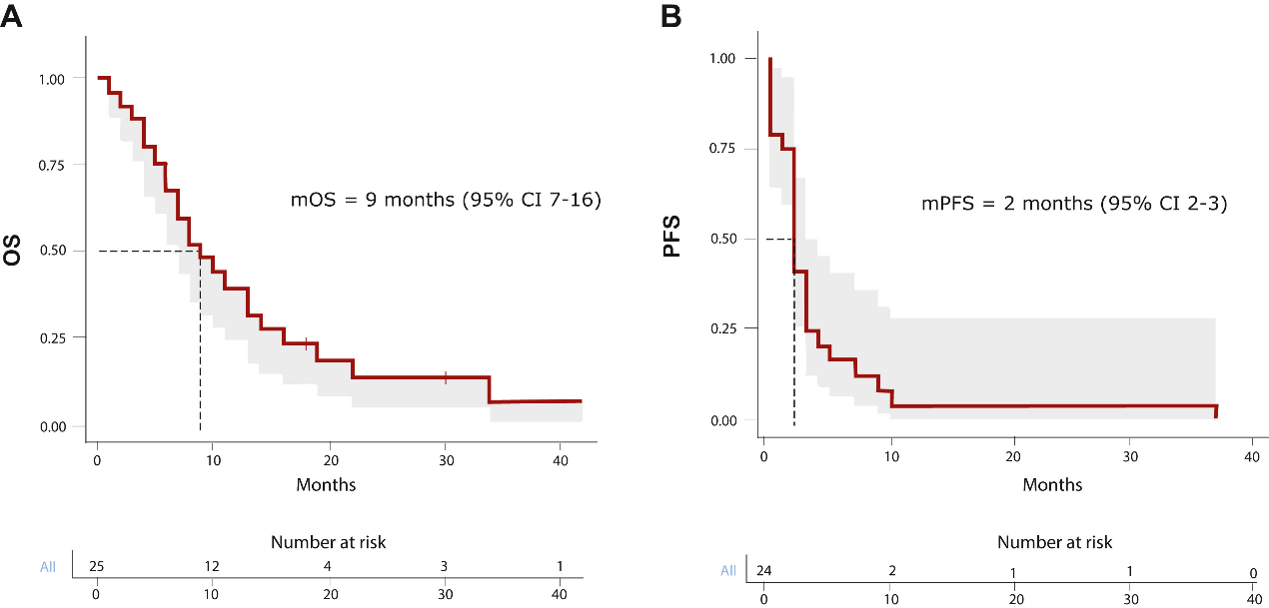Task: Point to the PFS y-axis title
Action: (x=673, y=239)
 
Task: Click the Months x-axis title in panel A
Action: (x=326, y=485)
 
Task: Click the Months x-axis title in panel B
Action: (x=1052, y=485)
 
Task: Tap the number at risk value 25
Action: (x=97, y=567)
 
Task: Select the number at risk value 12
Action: (x=212, y=567)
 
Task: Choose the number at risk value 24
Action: (x=764, y=571)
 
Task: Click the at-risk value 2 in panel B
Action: (x=891, y=571)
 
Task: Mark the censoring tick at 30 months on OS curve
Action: (x=446, y=377)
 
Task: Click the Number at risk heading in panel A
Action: (x=328, y=542)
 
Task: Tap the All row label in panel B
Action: (x=728, y=571)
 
